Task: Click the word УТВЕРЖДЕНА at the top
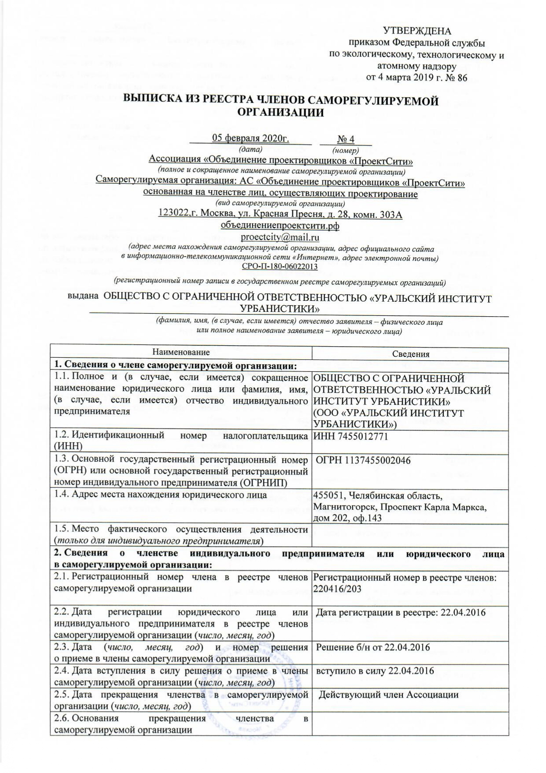coord(417,31)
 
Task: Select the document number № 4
coord(346,139)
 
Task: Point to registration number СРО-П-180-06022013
coord(280,266)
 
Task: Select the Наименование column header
coord(181,352)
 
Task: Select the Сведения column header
coord(410,354)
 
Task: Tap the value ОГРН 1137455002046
coord(363,461)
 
